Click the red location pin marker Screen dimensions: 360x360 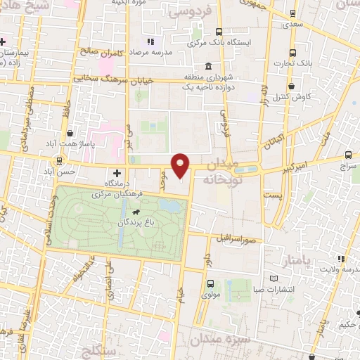[181, 164]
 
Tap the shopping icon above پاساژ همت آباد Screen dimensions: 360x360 [70, 132]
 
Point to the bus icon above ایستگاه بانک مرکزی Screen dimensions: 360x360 [219, 32]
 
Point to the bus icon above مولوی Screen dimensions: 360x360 [210, 285]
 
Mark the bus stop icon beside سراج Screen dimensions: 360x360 [349, 155]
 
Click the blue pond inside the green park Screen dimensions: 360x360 [169, 205]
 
